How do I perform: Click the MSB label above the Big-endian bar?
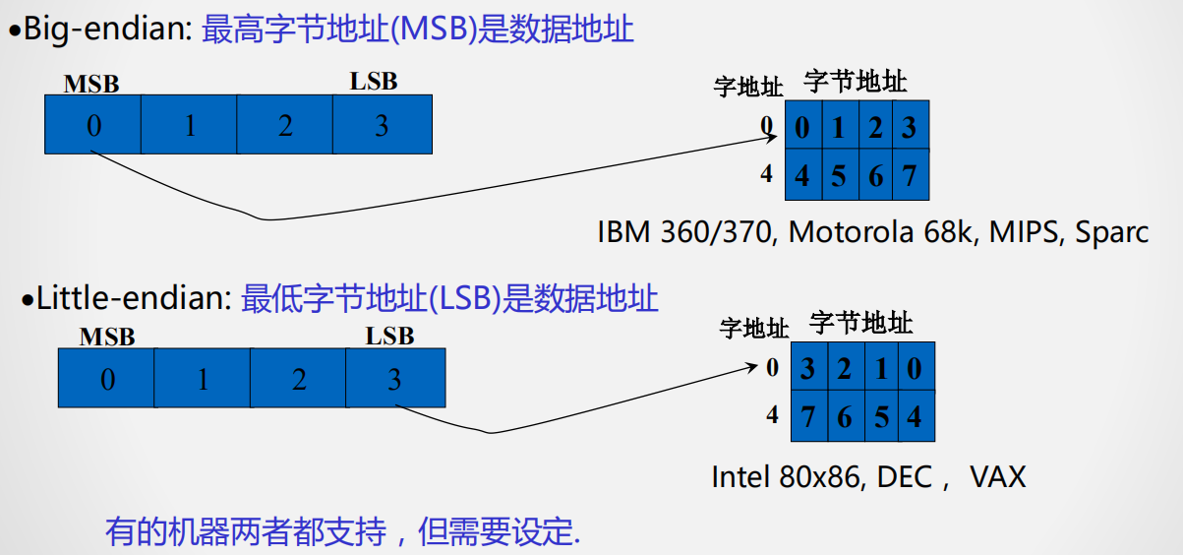[91, 85]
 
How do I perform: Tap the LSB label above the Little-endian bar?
[390, 337]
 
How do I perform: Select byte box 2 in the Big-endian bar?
[285, 125]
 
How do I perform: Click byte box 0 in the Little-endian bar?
[107, 379]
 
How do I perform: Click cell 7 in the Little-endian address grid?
[807, 416]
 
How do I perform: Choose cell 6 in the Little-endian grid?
[844, 416]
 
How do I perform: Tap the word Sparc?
[1111, 232]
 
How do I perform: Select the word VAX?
[997, 477]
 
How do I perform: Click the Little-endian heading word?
[133, 298]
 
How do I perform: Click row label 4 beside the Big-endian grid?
[767, 174]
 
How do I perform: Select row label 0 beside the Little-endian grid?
[773, 367]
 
